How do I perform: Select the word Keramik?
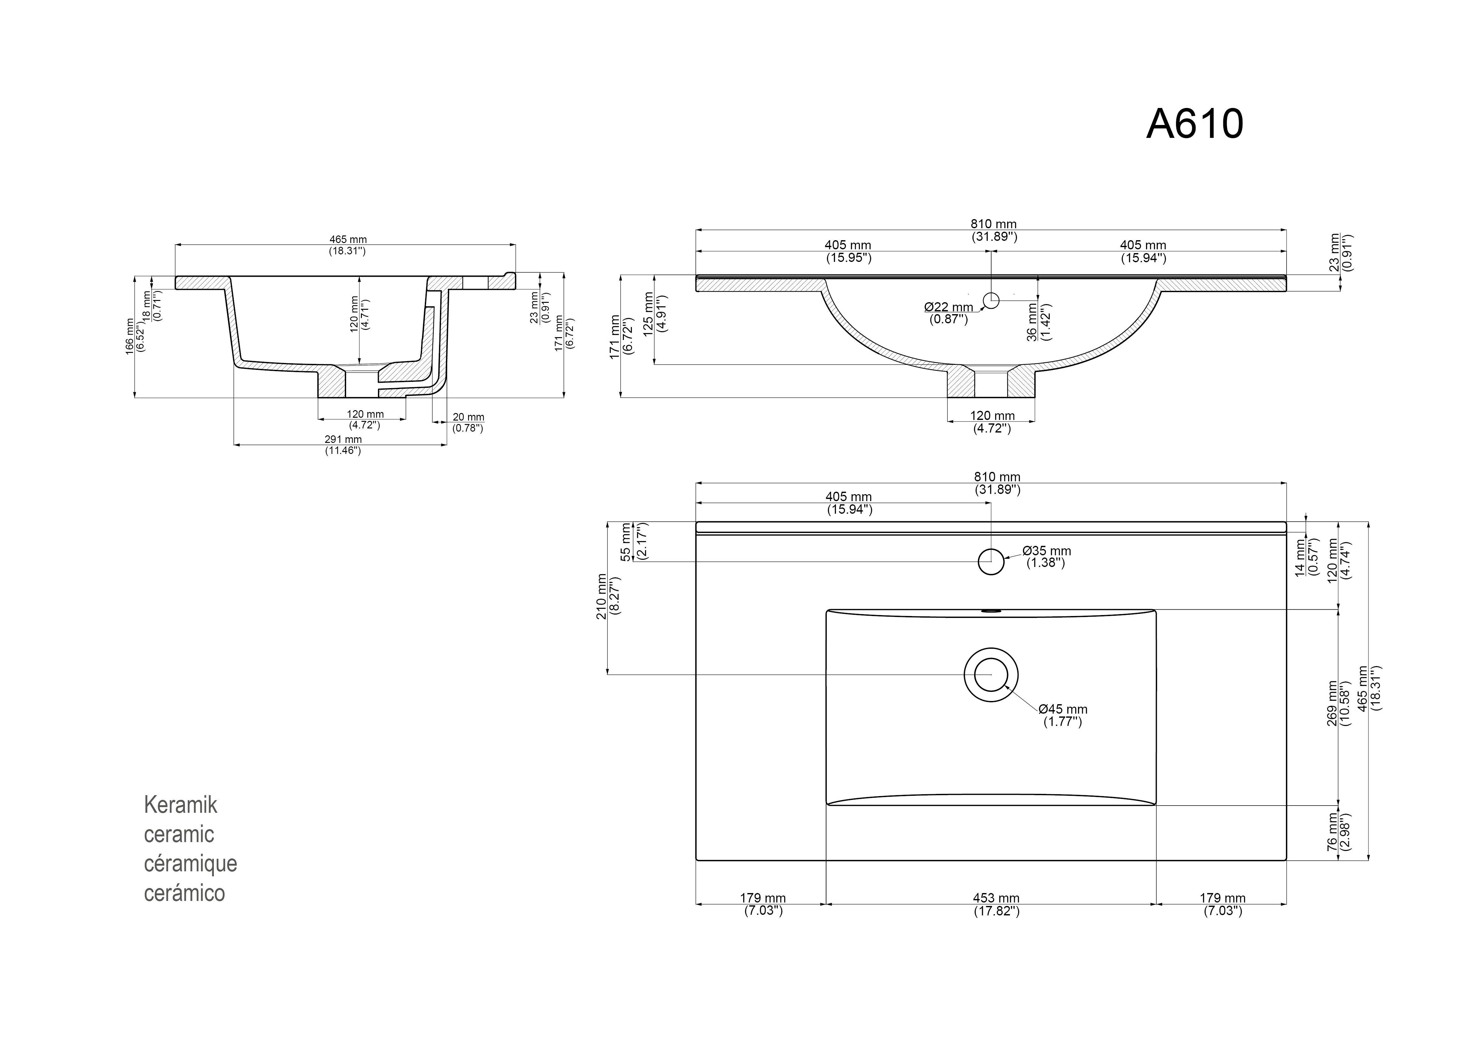click(x=180, y=805)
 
